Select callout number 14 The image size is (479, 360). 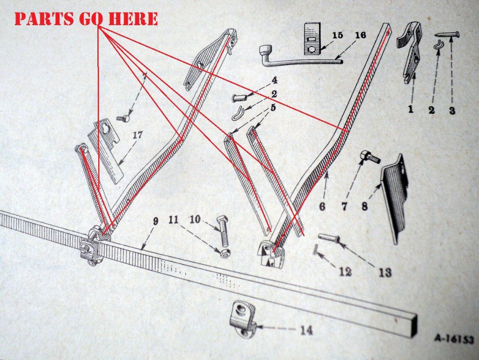tap(306, 330)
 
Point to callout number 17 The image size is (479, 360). tap(138, 135)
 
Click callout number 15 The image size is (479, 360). tap(337, 35)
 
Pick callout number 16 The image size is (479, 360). tap(361, 35)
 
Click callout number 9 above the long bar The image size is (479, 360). tap(155, 221)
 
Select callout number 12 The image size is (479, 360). tap(346, 272)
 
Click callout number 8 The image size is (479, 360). tap(364, 206)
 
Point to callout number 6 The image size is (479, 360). tap(322, 206)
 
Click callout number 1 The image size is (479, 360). tap(411, 109)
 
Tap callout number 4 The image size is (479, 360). tap(274, 80)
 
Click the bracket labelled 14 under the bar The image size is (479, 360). tap(243, 318)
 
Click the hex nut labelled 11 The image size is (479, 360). tap(225, 253)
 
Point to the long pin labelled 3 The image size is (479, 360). tap(447, 35)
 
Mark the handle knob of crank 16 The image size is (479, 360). tap(266, 51)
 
